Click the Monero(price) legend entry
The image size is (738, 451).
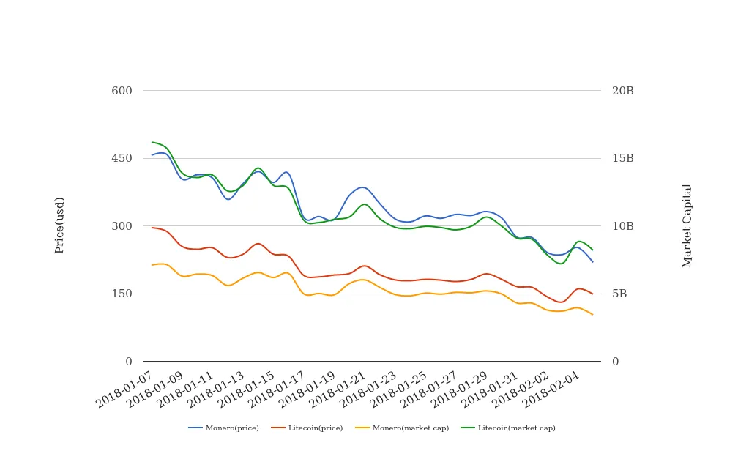(223, 428)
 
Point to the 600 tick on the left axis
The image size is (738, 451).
(122, 91)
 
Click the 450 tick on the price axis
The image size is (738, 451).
(122, 158)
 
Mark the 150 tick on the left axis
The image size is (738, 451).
(122, 294)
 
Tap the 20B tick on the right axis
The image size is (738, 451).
(622, 91)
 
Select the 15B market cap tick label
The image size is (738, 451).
(622, 158)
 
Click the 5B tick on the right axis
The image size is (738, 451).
(619, 294)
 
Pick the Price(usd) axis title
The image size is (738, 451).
(60, 225)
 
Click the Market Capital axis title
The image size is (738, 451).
(687, 225)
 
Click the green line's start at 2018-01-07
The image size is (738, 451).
(152, 142)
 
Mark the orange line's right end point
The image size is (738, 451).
(592, 314)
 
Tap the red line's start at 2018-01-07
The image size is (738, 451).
(152, 227)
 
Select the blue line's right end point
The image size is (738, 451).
(592, 261)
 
